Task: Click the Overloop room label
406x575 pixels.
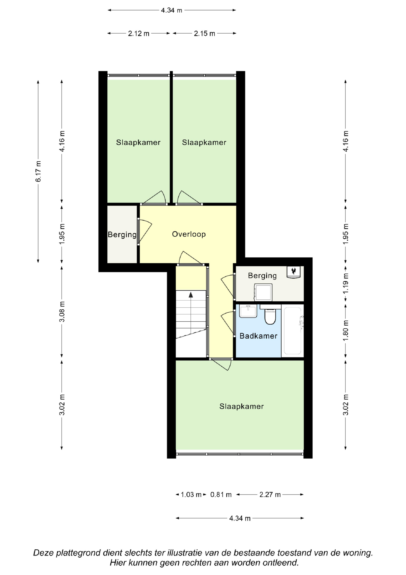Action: click(x=189, y=234)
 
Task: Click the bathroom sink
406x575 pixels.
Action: click(x=248, y=311)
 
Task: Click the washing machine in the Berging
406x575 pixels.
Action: click(x=263, y=292)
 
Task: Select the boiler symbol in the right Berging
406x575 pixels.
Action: click(x=293, y=272)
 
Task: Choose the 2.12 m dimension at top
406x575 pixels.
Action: click(x=139, y=33)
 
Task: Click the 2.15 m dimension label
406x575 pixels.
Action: click(x=204, y=33)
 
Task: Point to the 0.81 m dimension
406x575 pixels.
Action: click(x=221, y=495)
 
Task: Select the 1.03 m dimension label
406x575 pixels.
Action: click(x=191, y=495)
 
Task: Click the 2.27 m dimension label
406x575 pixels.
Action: click(x=270, y=495)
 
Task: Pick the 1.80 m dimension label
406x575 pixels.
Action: click(x=346, y=330)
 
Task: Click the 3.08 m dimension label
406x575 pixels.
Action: click(x=62, y=312)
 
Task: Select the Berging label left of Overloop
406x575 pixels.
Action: click(x=122, y=235)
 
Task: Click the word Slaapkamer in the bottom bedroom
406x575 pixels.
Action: click(x=241, y=407)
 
